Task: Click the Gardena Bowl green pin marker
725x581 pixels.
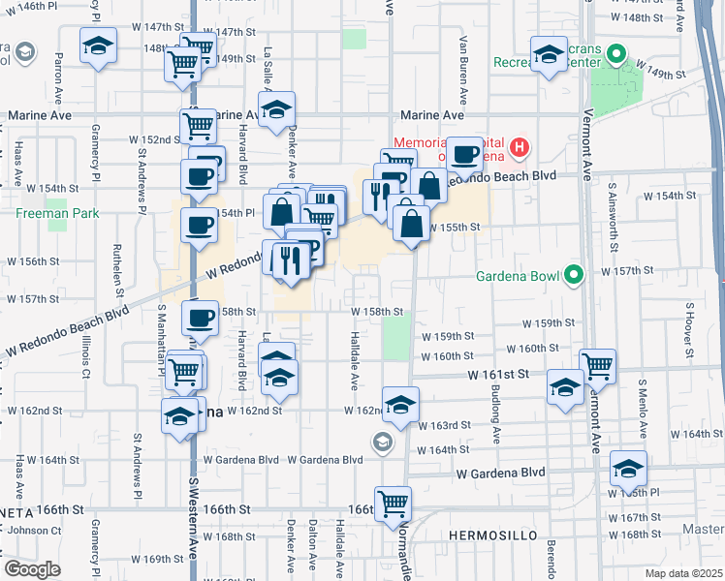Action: pyautogui.click(x=573, y=277)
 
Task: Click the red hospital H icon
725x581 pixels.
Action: pyautogui.click(x=520, y=148)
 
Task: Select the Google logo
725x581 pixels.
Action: pyautogui.click(x=32, y=568)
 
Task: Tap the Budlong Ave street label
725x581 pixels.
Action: pyautogui.click(x=495, y=416)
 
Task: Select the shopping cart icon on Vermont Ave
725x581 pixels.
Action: pyautogui.click(x=598, y=366)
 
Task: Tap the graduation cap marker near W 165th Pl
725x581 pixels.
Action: pyautogui.click(x=629, y=470)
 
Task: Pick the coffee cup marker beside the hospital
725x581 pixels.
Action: pyautogui.click(x=464, y=154)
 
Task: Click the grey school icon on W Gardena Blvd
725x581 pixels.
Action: pyautogui.click(x=383, y=443)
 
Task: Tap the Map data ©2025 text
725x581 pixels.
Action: pyautogui.click(x=682, y=573)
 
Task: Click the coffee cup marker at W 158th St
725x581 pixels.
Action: pyautogui.click(x=200, y=318)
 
